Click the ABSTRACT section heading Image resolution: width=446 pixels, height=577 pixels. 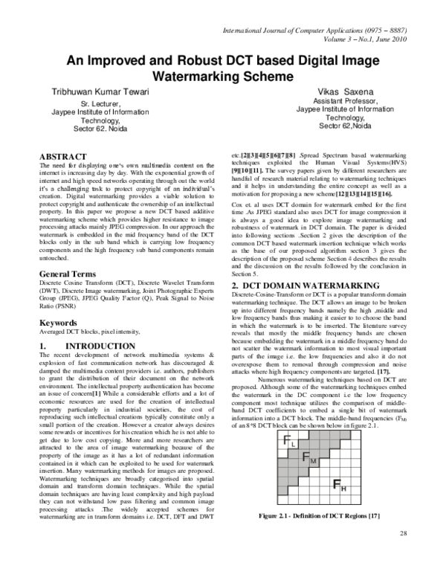[x=62, y=156]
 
